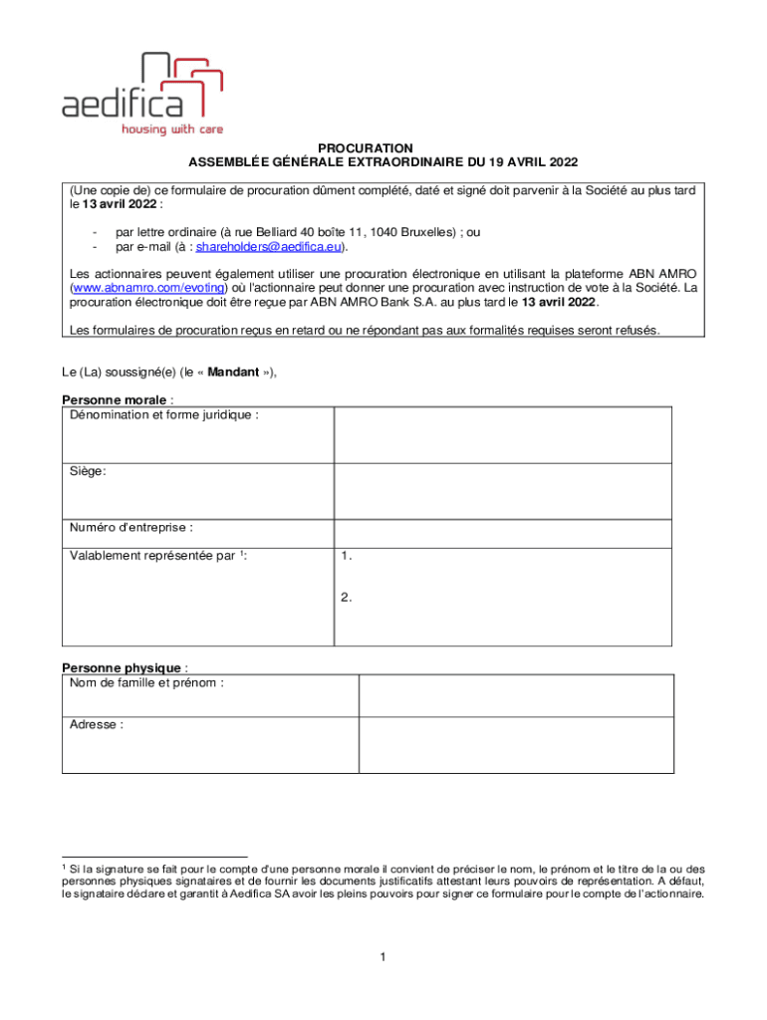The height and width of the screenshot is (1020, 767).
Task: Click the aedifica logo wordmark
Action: pyautogui.click(x=122, y=103)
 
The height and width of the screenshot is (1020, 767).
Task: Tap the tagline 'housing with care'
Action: pyautogui.click(x=171, y=129)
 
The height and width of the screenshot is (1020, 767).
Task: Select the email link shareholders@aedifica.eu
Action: pyautogui.click(x=270, y=246)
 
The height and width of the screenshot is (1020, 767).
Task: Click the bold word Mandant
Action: pyautogui.click(x=233, y=373)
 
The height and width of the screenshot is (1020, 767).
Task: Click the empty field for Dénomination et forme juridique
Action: pyautogui.click(x=503, y=433)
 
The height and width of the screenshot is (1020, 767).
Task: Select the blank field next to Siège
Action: pyautogui.click(x=503, y=490)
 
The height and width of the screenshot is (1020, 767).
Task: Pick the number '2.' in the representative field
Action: pyautogui.click(x=346, y=598)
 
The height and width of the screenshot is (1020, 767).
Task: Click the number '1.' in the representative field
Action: pyautogui.click(x=346, y=557)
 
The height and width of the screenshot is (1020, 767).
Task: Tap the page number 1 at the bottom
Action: pyautogui.click(x=383, y=957)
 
